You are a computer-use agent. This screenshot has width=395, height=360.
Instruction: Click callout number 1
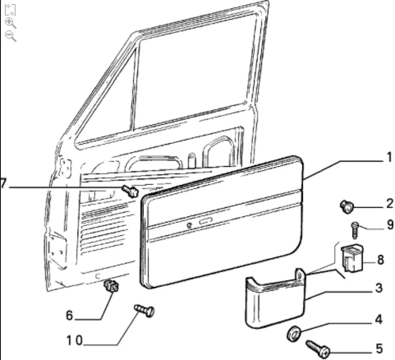pos(389,158)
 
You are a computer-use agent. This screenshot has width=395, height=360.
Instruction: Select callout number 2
pos(389,204)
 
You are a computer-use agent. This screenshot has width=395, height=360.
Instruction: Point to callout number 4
pos(379,319)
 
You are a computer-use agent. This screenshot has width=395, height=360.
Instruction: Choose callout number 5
pos(379,349)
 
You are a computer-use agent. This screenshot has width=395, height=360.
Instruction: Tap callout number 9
pos(389,225)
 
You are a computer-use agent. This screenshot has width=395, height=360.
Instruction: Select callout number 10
pos(74,340)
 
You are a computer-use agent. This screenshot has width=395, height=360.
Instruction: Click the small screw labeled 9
pos(355,230)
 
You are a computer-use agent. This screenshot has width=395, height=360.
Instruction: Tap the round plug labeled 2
pos(346,206)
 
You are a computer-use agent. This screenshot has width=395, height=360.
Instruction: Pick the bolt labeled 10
pos(145,310)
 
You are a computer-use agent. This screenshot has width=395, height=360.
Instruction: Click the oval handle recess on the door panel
pos(206,222)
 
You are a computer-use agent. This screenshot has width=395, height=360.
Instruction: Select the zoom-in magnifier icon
pos(11,23)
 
